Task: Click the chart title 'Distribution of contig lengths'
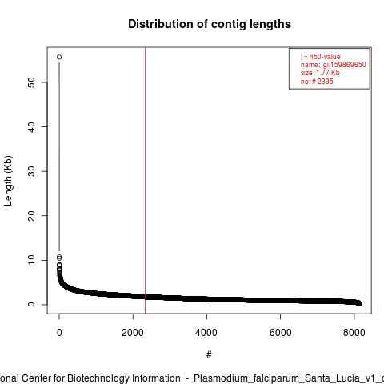(210, 24)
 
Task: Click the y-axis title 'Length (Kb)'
(8, 181)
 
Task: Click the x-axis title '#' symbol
(209, 355)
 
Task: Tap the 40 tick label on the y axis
(31, 127)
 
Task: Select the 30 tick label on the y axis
(31, 171)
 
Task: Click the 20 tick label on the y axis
(31, 216)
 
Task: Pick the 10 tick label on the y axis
(31, 260)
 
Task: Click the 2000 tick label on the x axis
(133, 333)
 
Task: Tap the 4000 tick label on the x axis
(206, 333)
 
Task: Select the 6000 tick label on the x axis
(280, 333)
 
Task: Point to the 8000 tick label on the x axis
(354, 333)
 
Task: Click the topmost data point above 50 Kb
(59, 57)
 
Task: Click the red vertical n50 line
(146, 181)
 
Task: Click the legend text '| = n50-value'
(321, 57)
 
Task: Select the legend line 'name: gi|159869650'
(334, 65)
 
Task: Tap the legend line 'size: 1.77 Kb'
(320, 73)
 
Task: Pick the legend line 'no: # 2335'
(317, 81)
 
